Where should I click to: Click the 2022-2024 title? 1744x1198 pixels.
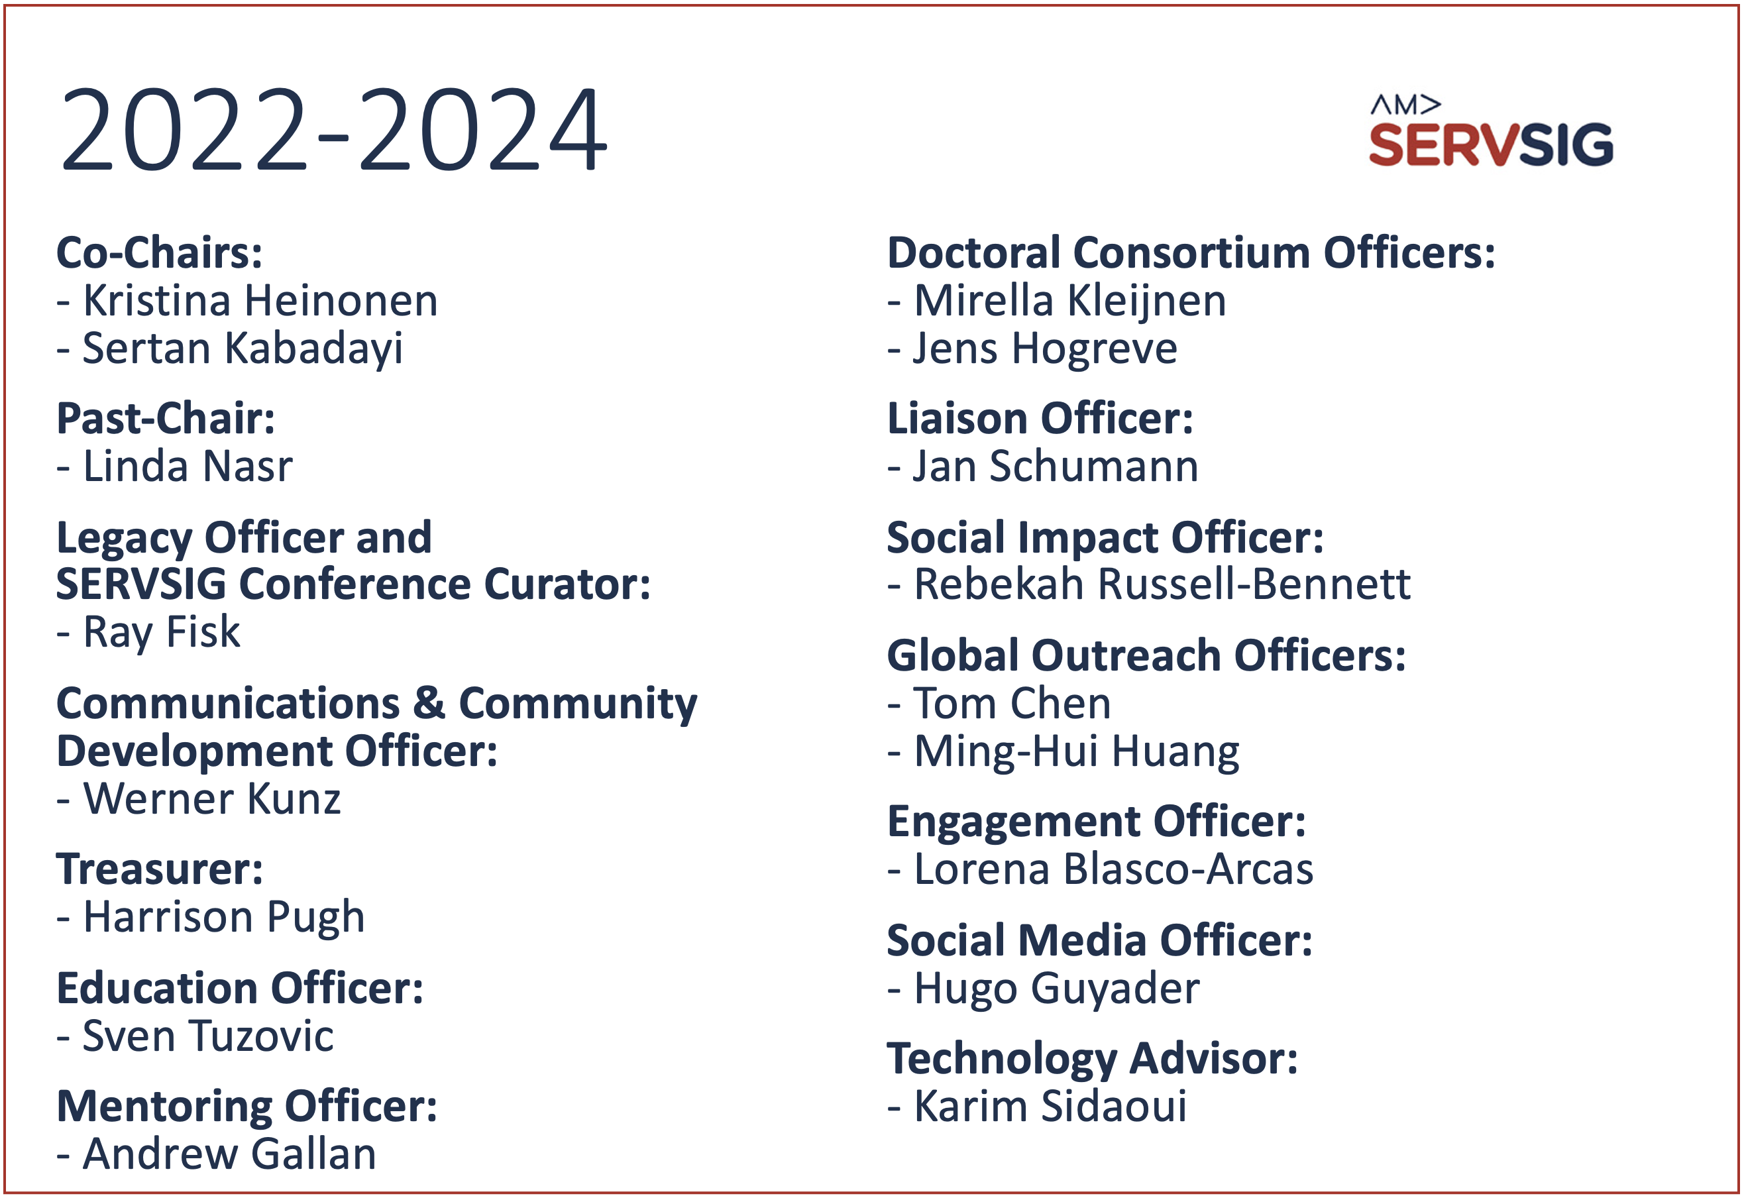click(x=334, y=129)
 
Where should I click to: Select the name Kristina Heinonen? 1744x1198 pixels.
click(x=260, y=301)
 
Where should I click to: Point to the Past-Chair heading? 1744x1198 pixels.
click(x=166, y=418)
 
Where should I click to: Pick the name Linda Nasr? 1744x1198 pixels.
click(x=188, y=466)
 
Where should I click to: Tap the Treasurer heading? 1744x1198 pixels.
click(x=160, y=869)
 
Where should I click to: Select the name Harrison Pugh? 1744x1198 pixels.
click(x=223, y=918)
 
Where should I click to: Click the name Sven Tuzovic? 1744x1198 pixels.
click(x=208, y=1036)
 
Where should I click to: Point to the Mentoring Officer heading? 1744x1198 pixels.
click(x=247, y=1107)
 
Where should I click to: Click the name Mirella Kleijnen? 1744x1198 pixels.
click(x=1070, y=301)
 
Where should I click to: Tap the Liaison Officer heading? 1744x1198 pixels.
click(x=1040, y=418)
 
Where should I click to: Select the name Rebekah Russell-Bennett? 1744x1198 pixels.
click(x=1162, y=584)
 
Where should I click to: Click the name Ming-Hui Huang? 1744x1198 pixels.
click(x=1077, y=752)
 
